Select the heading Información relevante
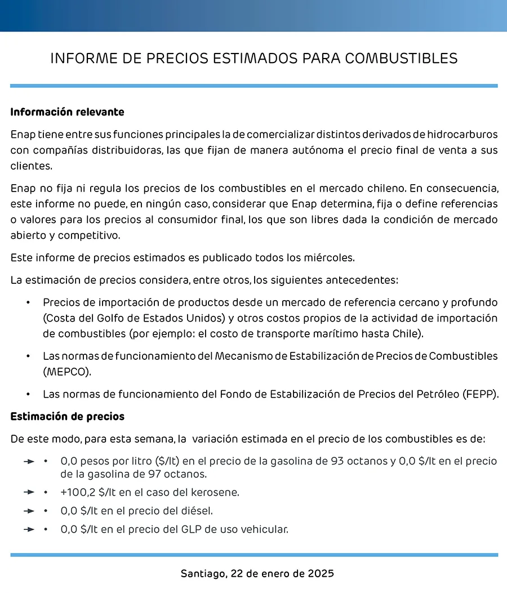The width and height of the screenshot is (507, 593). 67,112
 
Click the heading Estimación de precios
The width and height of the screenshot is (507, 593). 67,417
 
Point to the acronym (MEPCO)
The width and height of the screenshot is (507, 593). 66,373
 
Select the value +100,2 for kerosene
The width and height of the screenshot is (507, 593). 78,492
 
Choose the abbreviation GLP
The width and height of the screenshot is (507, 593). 197,529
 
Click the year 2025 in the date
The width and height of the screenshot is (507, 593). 321,574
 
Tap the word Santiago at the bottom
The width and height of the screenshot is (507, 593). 202,574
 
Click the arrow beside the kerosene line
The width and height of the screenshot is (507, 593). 29,492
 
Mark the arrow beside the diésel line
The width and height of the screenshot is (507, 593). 29,511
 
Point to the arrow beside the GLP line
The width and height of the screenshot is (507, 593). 29,529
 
